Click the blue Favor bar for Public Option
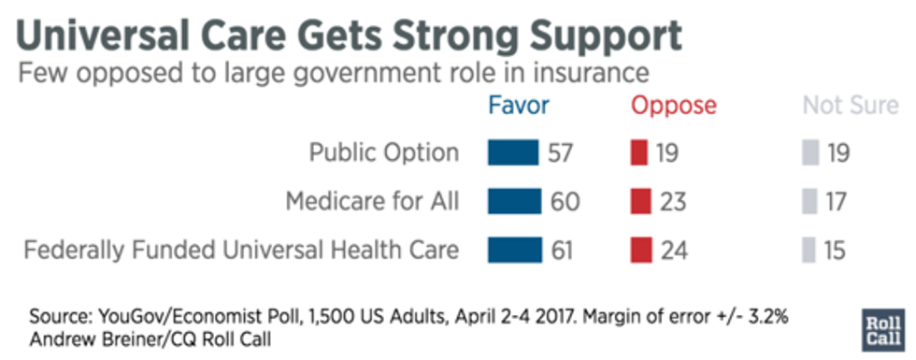coord(513,152)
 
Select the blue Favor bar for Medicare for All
coord(514,201)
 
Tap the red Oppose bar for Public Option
coord(639,152)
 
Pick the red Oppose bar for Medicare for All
coord(641,201)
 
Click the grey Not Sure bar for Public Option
coord(809,152)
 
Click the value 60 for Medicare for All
coord(565,201)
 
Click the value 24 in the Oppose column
coord(673,250)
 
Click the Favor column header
coord(519,106)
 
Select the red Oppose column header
coord(674,106)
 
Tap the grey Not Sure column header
coord(850,106)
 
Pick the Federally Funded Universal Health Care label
coord(241,250)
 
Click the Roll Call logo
coord(884,329)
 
